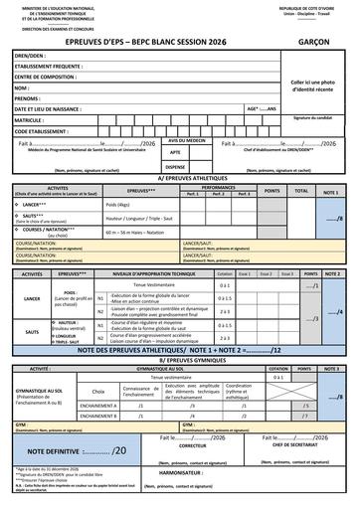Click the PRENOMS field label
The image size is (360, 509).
coord(28,99)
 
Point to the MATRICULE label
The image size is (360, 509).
coord(33,119)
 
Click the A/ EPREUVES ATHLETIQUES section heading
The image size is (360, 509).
coord(180,179)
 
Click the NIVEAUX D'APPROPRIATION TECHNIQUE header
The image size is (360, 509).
coord(158,271)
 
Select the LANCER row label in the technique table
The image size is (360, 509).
coord(32,296)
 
